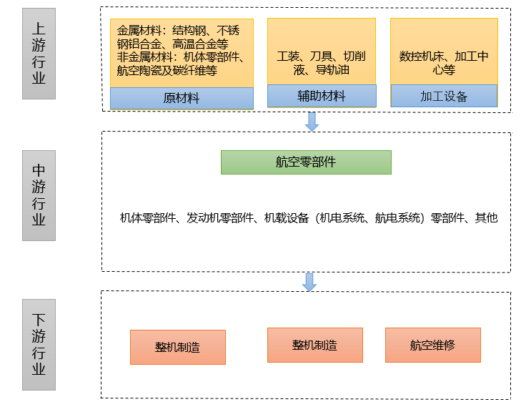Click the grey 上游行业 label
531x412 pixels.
[x=39, y=53]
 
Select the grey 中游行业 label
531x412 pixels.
[x=39, y=195]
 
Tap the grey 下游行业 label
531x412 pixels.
[x=39, y=344]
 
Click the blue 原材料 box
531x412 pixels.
[x=182, y=98]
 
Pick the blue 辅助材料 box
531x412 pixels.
[x=321, y=96]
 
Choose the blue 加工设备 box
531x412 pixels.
[x=443, y=96]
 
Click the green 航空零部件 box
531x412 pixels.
[x=306, y=162]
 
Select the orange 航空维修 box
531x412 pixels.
[x=432, y=345]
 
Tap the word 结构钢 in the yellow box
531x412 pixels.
[x=189, y=31]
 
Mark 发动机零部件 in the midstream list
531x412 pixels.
[x=222, y=218]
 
